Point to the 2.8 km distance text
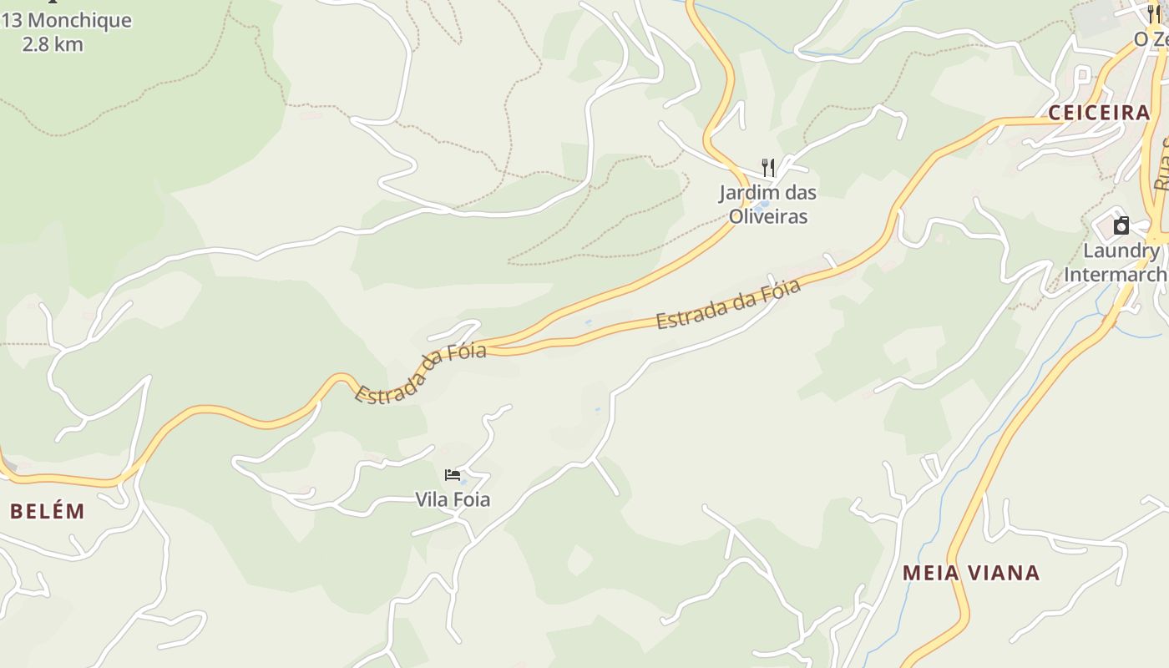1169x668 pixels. coord(53,44)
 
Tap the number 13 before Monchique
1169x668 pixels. coord(12,21)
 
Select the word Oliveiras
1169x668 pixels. coord(768,216)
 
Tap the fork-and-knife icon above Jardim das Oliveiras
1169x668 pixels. coord(768,168)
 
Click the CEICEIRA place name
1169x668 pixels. coord(1099,114)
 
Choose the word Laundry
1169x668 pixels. coord(1121,251)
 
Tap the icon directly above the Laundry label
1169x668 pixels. coord(1121,225)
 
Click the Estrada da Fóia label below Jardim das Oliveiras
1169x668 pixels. coord(728,305)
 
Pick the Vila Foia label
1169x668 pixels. coord(453,500)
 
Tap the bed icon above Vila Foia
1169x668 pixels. coord(453,476)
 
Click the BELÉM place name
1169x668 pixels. coord(48,512)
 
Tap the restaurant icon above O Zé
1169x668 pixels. coord(1154,14)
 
